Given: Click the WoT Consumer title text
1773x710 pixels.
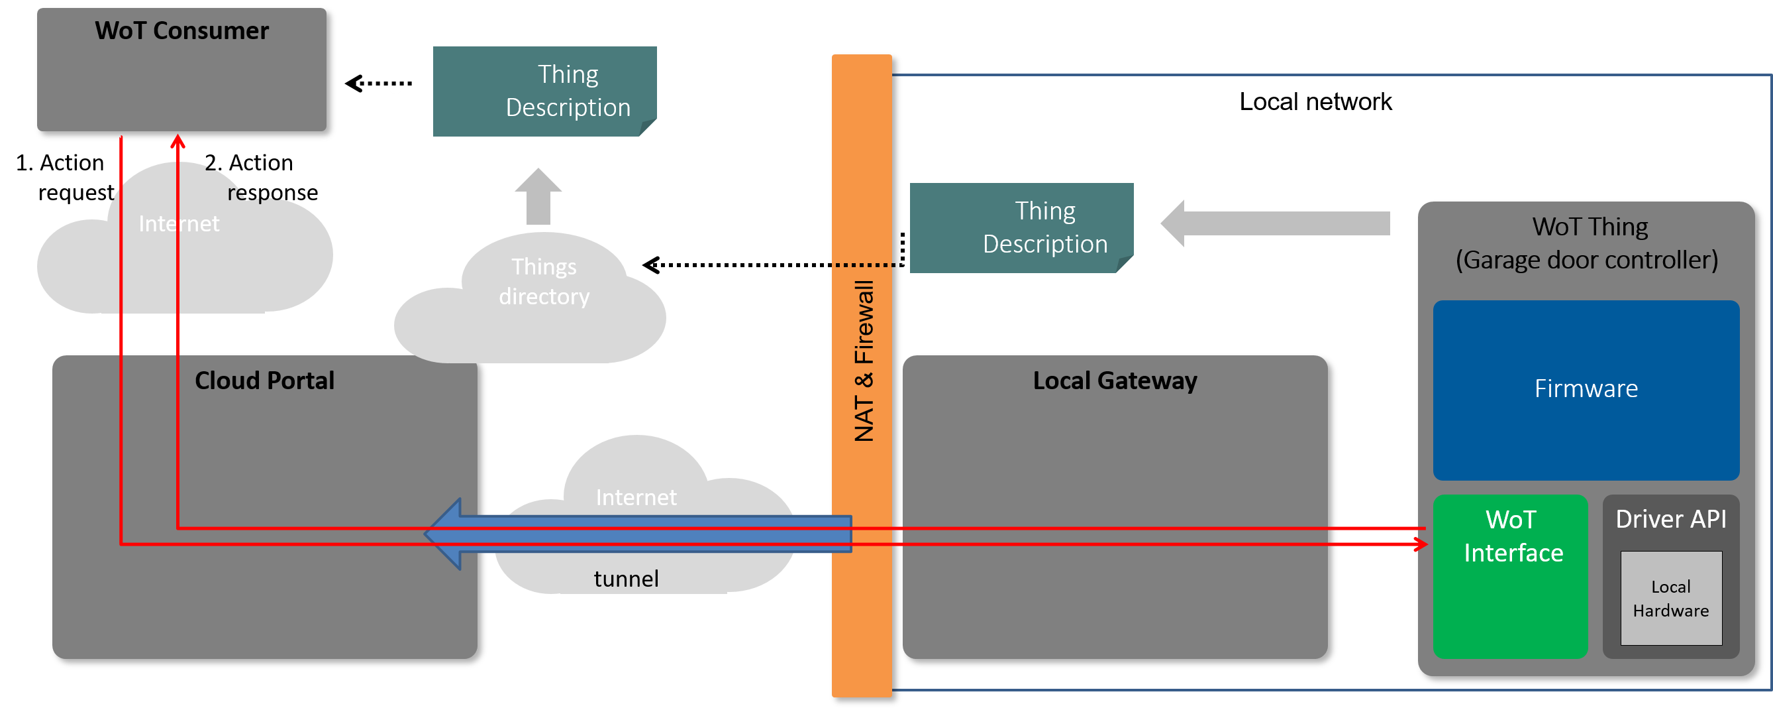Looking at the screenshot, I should (x=181, y=31).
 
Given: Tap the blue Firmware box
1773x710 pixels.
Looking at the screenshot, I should (x=1585, y=390).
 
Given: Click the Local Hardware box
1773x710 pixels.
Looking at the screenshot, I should (x=1670, y=598).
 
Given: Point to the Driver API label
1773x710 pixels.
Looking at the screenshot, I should (x=1670, y=519).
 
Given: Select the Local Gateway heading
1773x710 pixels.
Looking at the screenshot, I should (x=1114, y=381).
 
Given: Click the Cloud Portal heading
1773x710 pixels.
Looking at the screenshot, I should (x=264, y=381).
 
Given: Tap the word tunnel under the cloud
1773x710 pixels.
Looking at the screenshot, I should (x=626, y=579).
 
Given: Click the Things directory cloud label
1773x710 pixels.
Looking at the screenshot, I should (x=544, y=282).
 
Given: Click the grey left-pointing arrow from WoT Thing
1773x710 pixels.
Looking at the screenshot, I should (x=1274, y=223).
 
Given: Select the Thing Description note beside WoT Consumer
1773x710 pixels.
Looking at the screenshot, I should (x=544, y=91).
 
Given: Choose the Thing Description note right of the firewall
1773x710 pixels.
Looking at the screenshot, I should (x=1021, y=228).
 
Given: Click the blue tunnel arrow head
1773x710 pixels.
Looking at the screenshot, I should (x=444, y=534).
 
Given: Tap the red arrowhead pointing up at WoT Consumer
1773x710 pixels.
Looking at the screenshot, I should (x=177, y=141).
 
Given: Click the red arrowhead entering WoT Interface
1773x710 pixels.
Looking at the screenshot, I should (x=1421, y=545).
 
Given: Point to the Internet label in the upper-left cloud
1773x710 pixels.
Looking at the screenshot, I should (x=179, y=224).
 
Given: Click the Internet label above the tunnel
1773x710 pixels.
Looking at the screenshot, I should (x=636, y=497).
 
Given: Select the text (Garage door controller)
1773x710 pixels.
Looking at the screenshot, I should (x=1586, y=261).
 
